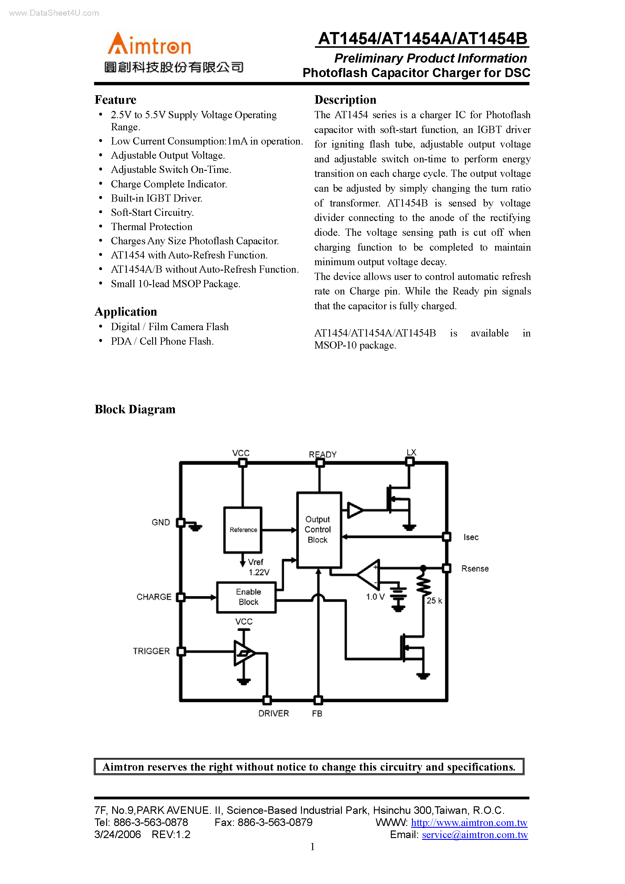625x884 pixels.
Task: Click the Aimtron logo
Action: [x=149, y=44]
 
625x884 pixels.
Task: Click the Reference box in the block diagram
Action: [x=243, y=530]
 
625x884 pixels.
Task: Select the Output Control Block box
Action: [x=319, y=530]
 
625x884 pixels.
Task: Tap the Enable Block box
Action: [x=247, y=597]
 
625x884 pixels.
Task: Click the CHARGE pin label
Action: [x=154, y=597]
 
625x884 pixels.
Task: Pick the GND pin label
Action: [x=161, y=522]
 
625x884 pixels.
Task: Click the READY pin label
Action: [x=322, y=454]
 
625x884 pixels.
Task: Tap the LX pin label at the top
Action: [x=411, y=452]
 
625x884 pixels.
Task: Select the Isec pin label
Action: [x=471, y=537]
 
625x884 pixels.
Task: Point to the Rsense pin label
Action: [x=475, y=569]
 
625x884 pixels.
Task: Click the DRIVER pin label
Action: [x=273, y=713]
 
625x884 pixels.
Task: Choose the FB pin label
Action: [x=317, y=713]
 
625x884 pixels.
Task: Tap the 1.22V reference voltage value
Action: [x=259, y=573]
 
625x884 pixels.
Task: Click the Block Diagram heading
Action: [x=135, y=409]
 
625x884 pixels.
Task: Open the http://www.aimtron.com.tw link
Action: [x=469, y=823]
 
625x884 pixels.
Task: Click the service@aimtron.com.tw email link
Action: [x=475, y=835]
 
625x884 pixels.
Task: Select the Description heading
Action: [x=345, y=100]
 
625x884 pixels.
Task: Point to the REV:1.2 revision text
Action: [x=171, y=835]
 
